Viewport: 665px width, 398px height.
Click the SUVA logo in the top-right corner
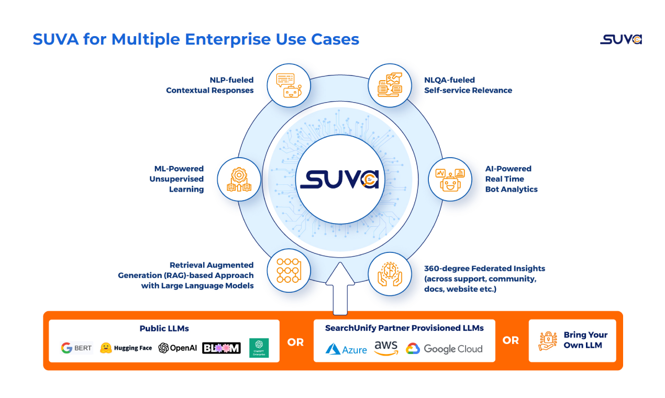[620, 40]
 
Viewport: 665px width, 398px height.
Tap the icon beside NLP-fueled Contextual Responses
[289, 85]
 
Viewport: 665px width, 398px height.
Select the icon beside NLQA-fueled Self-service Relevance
[389, 85]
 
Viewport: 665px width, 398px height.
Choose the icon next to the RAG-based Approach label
[289, 271]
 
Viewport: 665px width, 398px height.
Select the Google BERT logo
[76, 348]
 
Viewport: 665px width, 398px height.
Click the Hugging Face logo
[126, 348]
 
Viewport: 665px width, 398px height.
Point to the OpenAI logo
[178, 348]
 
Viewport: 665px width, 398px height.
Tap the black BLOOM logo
[221, 348]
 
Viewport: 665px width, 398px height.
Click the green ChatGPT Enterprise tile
[259, 348]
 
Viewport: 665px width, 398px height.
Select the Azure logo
[346, 349]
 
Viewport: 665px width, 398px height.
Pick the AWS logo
[386, 348]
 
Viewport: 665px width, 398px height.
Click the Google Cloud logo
[444, 349]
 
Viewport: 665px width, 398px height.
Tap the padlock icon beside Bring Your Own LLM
[548, 340]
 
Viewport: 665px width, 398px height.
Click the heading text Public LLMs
[164, 328]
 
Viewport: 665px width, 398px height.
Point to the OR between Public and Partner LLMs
[295, 342]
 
